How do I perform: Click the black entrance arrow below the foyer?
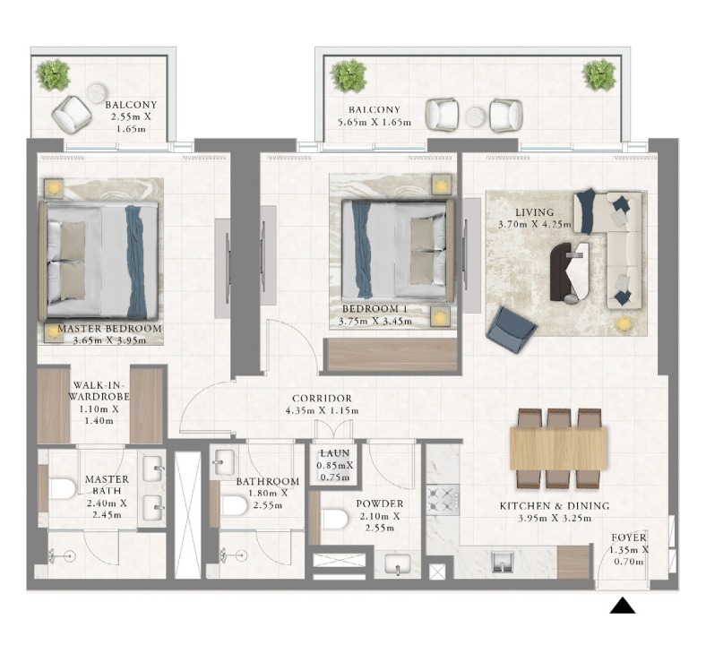click(623, 606)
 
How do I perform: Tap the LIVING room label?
click(535, 212)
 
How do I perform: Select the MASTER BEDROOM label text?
click(109, 329)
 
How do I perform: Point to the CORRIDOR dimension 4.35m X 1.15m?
click(322, 410)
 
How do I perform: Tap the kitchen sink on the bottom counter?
click(501, 562)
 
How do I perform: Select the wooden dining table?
click(558, 448)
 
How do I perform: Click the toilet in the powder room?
click(335, 519)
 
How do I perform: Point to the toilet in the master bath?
click(62, 488)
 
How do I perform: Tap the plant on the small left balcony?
click(54, 74)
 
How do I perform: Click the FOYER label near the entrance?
click(629, 537)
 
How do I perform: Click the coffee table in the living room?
click(569, 271)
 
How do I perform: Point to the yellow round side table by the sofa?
click(624, 323)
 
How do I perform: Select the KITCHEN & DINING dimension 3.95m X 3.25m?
click(555, 518)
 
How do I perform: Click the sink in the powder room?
click(398, 565)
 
